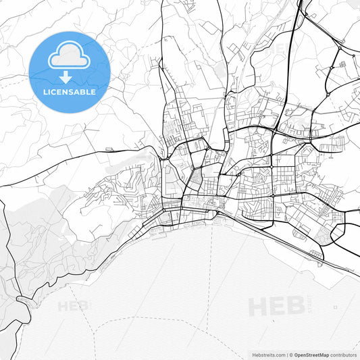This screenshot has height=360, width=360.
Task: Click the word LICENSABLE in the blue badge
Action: click(x=70, y=91)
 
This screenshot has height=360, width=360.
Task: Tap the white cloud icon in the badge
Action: click(x=70, y=56)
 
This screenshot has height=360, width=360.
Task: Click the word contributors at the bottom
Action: click(x=344, y=355)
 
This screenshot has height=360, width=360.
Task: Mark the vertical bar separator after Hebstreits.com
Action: click(x=286, y=355)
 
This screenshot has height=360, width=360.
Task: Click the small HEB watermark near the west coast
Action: click(x=73, y=306)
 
